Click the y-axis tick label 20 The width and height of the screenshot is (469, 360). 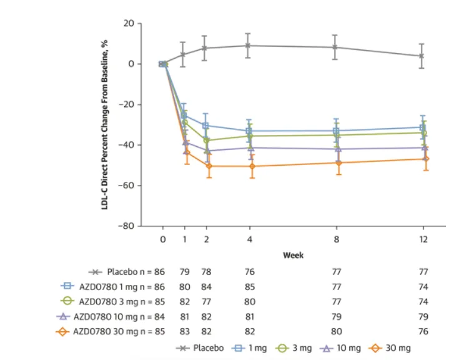point(130,24)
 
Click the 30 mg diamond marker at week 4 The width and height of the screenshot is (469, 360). point(250,166)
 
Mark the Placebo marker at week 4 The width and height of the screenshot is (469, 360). point(248,46)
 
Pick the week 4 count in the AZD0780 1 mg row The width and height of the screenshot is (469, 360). point(249,286)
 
